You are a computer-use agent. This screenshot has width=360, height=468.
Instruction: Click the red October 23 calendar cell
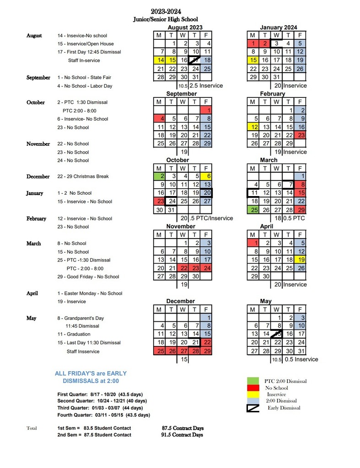point(159,201)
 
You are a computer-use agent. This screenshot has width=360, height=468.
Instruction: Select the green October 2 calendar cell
point(159,176)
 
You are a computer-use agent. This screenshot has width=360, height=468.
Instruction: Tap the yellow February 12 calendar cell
point(253,127)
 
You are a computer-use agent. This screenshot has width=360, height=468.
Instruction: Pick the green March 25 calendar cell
point(253,210)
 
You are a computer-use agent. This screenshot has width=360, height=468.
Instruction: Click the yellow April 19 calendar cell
point(300,260)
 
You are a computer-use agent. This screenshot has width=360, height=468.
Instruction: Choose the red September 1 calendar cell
point(206,110)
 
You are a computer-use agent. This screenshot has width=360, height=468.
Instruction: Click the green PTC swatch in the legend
point(253,381)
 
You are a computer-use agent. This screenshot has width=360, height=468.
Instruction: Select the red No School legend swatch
point(253,388)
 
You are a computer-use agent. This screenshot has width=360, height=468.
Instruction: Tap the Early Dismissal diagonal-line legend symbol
point(253,407)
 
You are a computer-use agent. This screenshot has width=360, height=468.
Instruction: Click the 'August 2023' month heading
point(183,27)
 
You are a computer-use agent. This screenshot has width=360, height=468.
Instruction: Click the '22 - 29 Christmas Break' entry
point(83,176)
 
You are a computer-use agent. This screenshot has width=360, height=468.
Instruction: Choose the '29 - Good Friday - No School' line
point(88,277)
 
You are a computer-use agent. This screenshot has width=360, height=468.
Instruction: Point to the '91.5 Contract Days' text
point(183,435)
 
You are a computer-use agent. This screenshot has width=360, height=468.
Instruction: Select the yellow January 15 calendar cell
point(253,60)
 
